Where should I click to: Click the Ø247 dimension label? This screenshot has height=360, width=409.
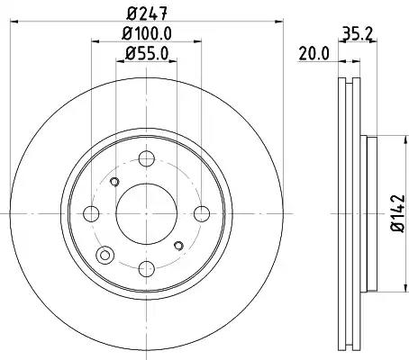pos(147,13)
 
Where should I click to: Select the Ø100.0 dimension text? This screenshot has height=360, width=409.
pos(147,33)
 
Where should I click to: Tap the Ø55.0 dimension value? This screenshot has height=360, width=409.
pos(147,54)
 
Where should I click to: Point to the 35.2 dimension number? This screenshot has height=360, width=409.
pos(358,33)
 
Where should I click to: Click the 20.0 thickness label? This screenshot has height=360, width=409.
pos(314,54)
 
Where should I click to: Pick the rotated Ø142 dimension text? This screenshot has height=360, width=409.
pos(398,213)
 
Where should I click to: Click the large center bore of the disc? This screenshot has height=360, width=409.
pos(146,213)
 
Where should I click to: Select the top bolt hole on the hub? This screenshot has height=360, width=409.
pos(147,158)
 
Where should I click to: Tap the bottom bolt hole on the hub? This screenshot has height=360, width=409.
pos(147,269)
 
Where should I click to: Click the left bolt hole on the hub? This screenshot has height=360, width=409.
pos(91,214)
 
